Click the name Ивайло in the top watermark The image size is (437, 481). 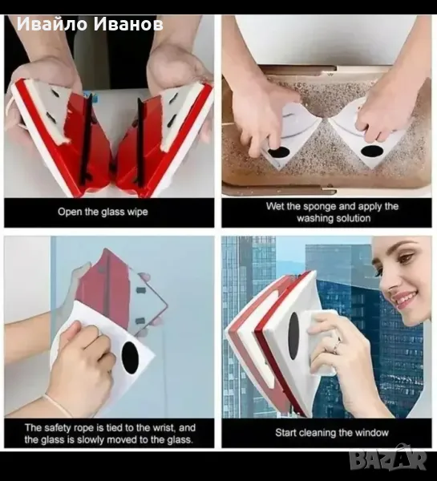(x=52, y=24)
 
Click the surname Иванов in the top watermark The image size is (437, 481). (x=128, y=24)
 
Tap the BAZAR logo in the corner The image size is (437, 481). (x=388, y=460)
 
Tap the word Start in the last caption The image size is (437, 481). (x=286, y=433)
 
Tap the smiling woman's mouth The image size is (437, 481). (x=404, y=298)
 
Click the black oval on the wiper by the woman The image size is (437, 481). (x=293, y=336)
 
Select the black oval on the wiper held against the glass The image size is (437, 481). (x=130, y=358)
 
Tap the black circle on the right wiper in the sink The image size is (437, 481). (x=370, y=152)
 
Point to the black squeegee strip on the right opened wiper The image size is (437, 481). (x=140, y=143)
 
